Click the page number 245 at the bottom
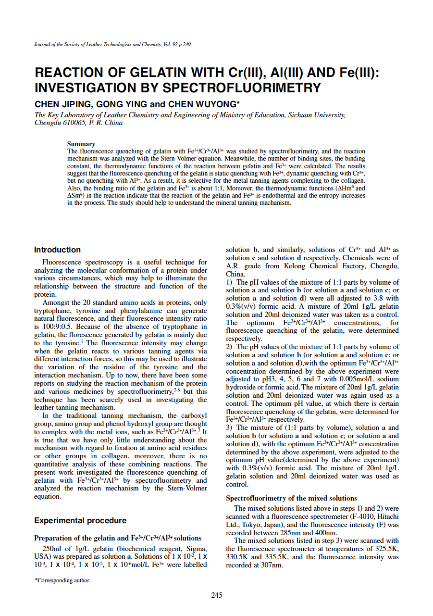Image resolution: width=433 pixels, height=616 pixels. point(217,595)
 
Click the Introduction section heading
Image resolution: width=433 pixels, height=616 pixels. point(57,250)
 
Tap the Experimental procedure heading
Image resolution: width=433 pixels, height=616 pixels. point(80,520)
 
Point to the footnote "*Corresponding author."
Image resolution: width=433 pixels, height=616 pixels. point(62,580)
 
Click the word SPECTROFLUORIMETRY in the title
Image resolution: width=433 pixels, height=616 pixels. point(242,88)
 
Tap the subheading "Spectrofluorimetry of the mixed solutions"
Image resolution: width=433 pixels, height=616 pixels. point(291,498)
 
